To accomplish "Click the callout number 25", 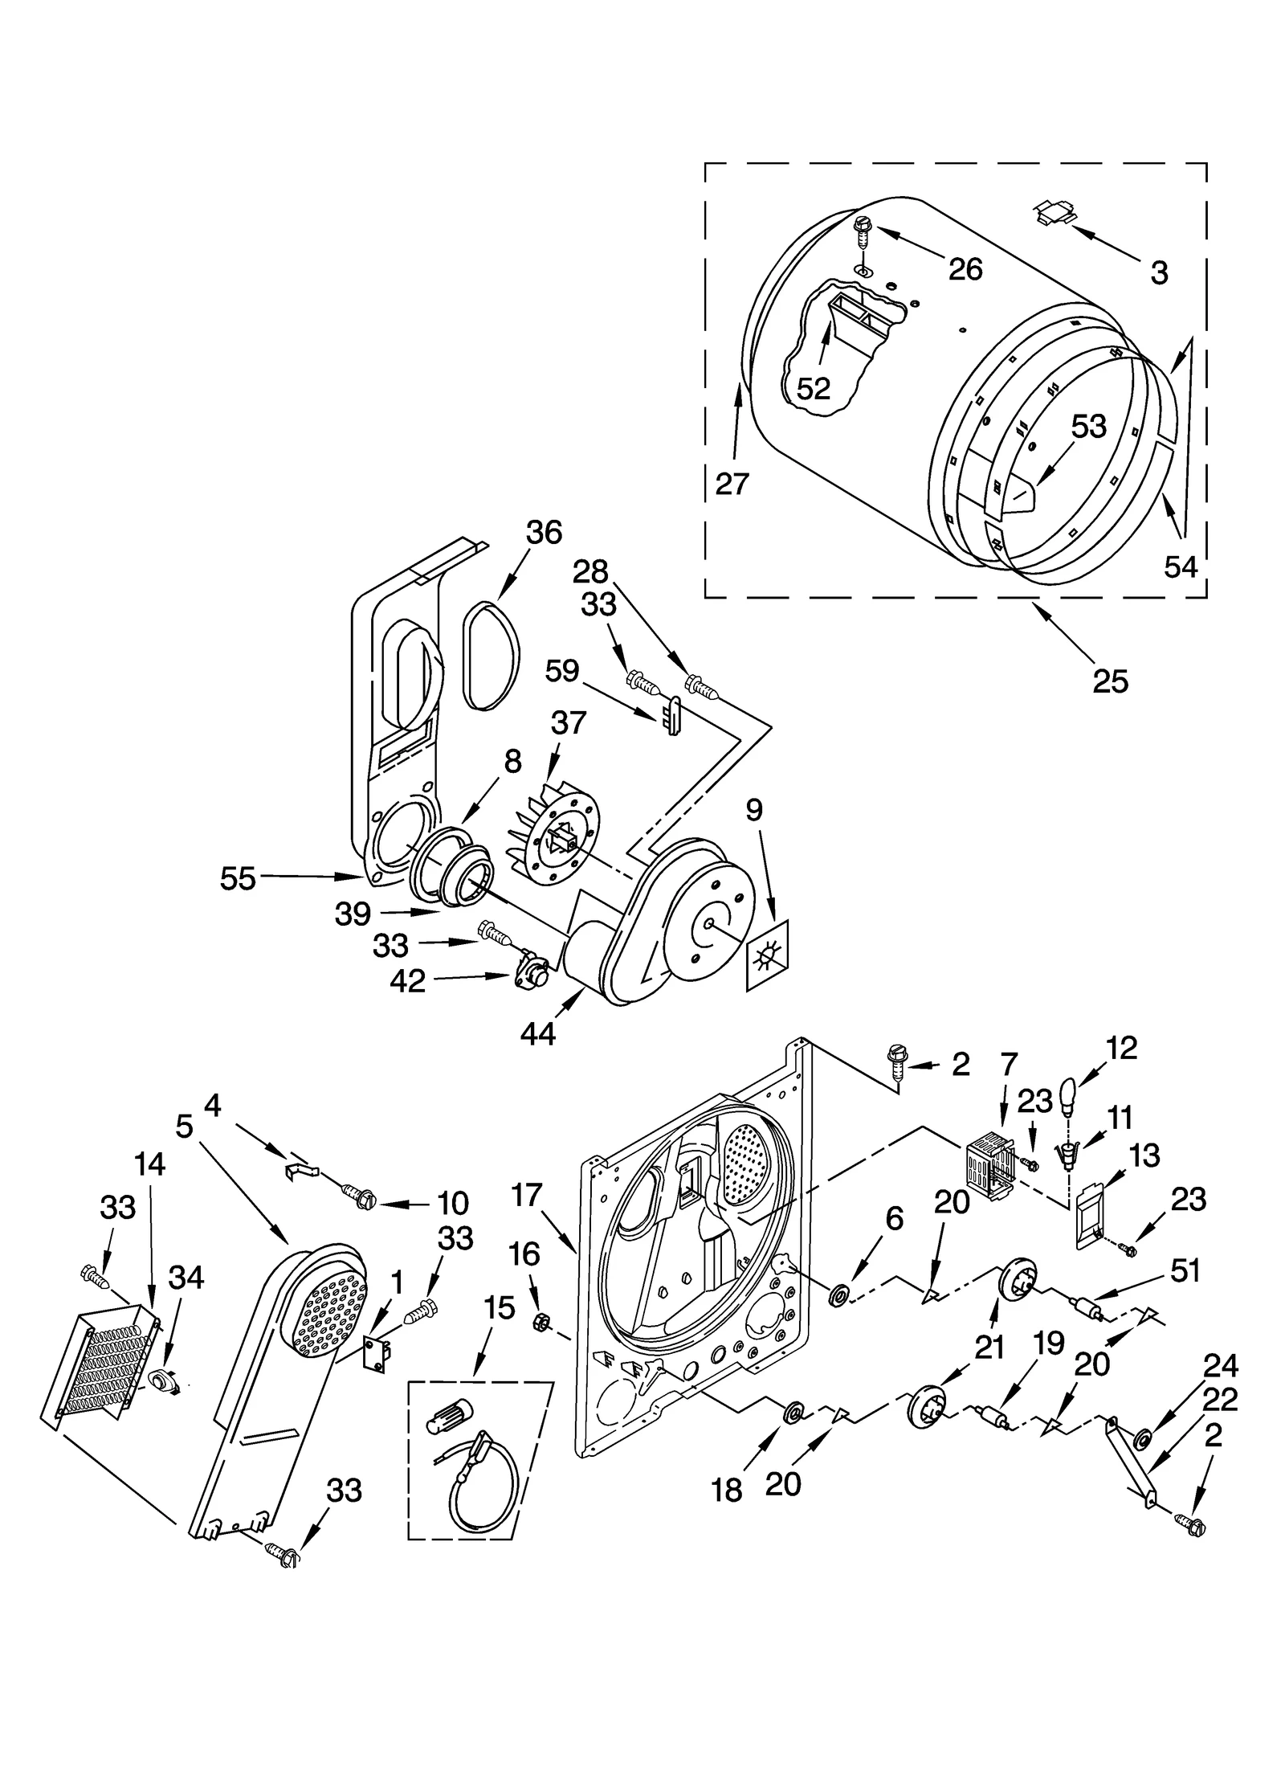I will tap(1110, 681).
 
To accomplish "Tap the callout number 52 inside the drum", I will tap(813, 388).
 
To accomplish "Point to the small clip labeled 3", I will tap(1054, 213).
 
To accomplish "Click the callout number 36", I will tap(544, 533).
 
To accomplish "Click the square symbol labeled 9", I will tap(767, 955).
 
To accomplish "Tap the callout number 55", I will tap(238, 878).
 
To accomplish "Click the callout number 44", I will tap(537, 1033).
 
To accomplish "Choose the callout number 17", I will tap(527, 1195).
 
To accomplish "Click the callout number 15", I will tap(499, 1307).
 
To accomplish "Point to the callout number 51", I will tap(1185, 1271).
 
